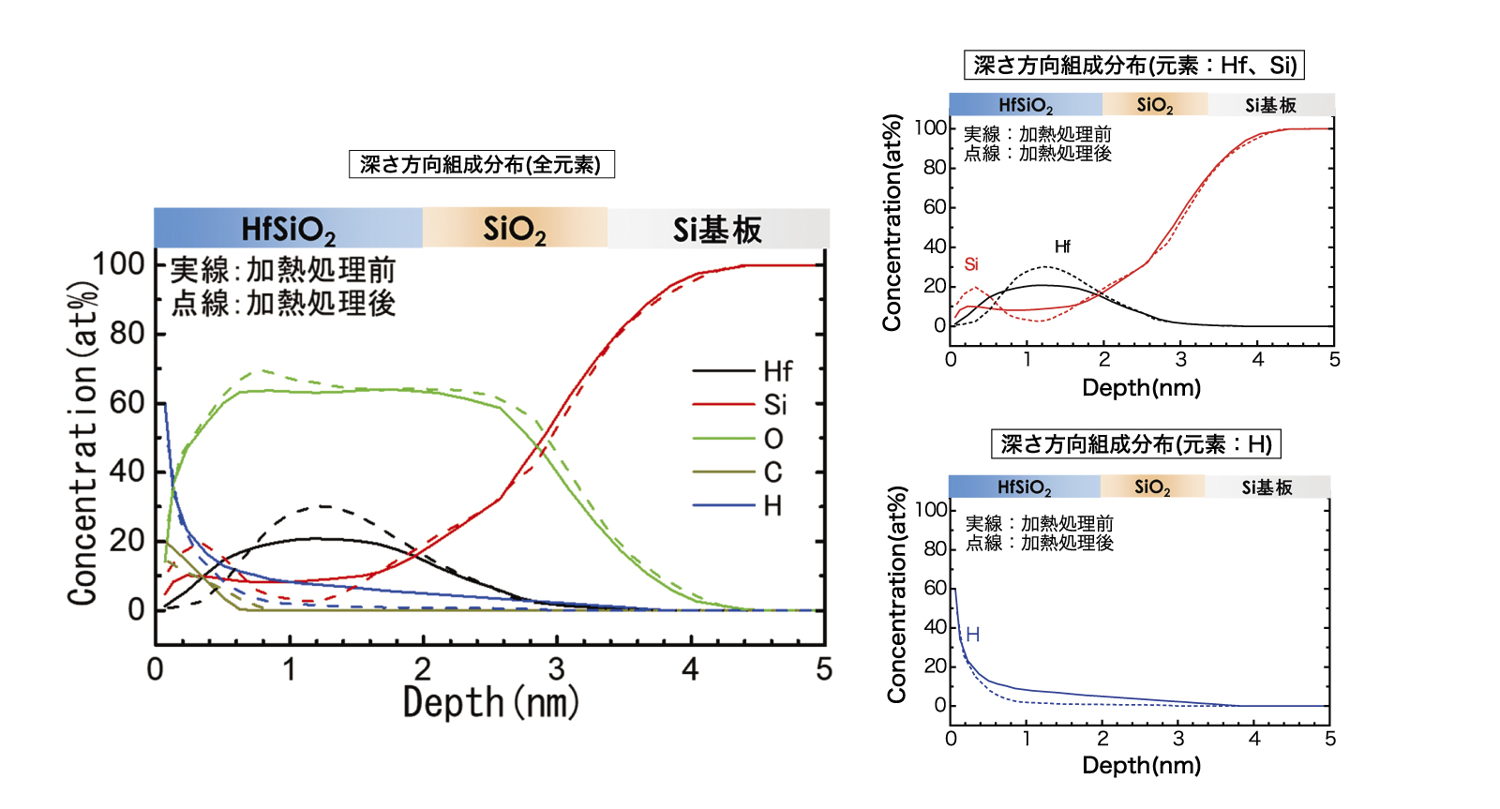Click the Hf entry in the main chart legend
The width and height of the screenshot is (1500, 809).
click(x=777, y=371)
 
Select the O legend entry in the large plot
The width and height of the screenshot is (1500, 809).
click(x=772, y=439)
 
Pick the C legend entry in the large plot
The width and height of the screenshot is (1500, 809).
click(x=772, y=472)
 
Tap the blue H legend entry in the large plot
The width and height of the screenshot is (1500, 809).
click(x=772, y=506)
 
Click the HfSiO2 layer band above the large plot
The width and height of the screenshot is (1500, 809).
click(x=288, y=229)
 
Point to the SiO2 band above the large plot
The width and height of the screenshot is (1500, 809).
click(x=514, y=229)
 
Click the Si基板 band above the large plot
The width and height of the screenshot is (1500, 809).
click(x=717, y=229)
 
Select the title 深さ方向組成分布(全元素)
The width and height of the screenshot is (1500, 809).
click(x=481, y=165)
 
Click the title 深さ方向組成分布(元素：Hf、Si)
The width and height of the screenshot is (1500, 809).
click(x=1134, y=65)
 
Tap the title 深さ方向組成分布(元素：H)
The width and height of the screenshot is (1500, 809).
click(x=1135, y=443)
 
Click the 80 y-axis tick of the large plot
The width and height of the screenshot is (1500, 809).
click(x=127, y=333)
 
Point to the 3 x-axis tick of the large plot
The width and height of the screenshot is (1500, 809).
click(x=557, y=669)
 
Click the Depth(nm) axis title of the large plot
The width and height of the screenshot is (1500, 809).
click(x=490, y=702)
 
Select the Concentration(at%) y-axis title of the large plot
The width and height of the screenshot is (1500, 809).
click(x=82, y=441)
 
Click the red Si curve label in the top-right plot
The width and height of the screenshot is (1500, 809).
click(x=971, y=264)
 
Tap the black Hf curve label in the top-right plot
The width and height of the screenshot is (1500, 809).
click(x=1062, y=247)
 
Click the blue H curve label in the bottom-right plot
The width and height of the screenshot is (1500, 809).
click(x=973, y=635)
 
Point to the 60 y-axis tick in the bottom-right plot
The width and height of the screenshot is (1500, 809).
click(x=935, y=588)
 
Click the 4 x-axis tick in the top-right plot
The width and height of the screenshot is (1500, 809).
click(x=1258, y=360)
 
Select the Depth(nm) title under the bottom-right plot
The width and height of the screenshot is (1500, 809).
click(x=1141, y=766)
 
